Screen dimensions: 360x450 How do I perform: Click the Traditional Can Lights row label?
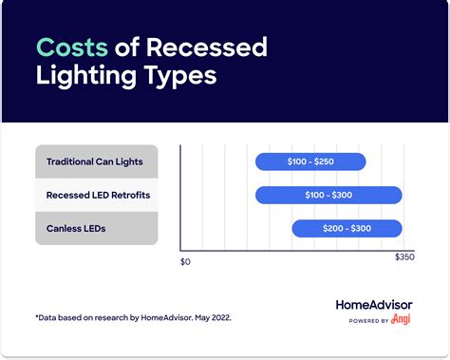pyautogui.click(x=95, y=161)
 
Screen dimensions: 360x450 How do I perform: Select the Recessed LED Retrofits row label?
pyautogui.click(x=98, y=195)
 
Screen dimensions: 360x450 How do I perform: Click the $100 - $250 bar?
pyautogui.click(x=310, y=161)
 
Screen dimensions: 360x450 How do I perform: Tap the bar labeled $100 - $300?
pyautogui.click(x=328, y=195)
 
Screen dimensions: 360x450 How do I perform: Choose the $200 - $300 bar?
pyautogui.click(x=347, y=228)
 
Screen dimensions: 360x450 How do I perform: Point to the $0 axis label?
pyautogui.click(x=185, y=260)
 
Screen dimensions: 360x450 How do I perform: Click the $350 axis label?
pyautogui.click(x=405, y=258)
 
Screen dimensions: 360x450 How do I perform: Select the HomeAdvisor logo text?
pyautogui.click(x=374, y=305)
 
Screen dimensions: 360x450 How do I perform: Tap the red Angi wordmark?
pyautogui.click(x=403, y=320)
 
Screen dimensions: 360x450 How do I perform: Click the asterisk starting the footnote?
pyautogui.click(x=36, y=316)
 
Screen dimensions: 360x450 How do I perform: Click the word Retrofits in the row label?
pyautogui.click(x=129, y=195)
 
